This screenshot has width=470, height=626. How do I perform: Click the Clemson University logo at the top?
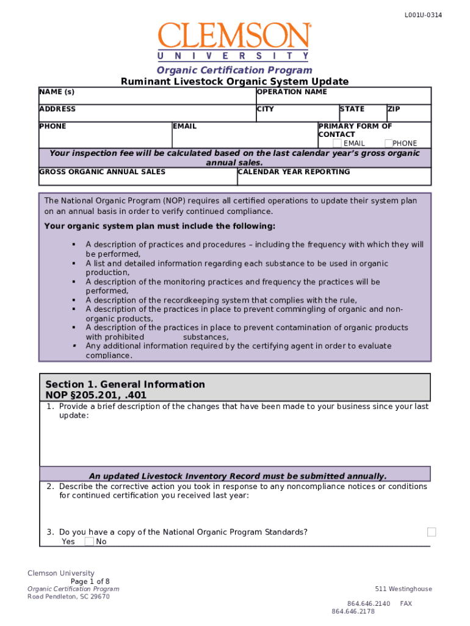pos(235,42)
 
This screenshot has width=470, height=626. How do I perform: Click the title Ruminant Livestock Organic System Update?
pos(234,81)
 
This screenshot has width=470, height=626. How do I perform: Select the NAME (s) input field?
pos(146,99)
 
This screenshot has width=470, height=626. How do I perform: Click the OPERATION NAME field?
pos(343,99)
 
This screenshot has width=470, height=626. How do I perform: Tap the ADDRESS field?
pos(146,116)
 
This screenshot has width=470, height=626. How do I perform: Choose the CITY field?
pos(297,116)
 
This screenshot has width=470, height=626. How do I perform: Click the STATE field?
pos(361,116)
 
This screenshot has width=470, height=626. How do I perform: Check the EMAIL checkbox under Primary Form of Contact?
pos(337,143)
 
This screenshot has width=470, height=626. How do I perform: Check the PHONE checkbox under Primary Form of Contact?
pos(388,143)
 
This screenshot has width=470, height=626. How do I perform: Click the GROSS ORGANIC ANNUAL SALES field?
pos(137,179)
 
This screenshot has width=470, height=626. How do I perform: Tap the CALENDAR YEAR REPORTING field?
pos(333,179)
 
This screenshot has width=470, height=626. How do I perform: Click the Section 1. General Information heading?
pos(125,385)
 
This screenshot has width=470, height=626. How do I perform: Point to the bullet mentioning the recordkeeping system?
pos(221,300)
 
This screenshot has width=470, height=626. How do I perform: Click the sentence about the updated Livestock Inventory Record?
pos(237,476)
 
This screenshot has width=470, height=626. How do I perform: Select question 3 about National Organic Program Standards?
pos(183,532)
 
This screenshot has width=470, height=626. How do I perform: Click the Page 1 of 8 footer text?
pos(90,581)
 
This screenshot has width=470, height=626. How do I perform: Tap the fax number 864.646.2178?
pos(353,611)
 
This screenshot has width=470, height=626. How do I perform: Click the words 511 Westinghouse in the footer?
pos(403,589)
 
